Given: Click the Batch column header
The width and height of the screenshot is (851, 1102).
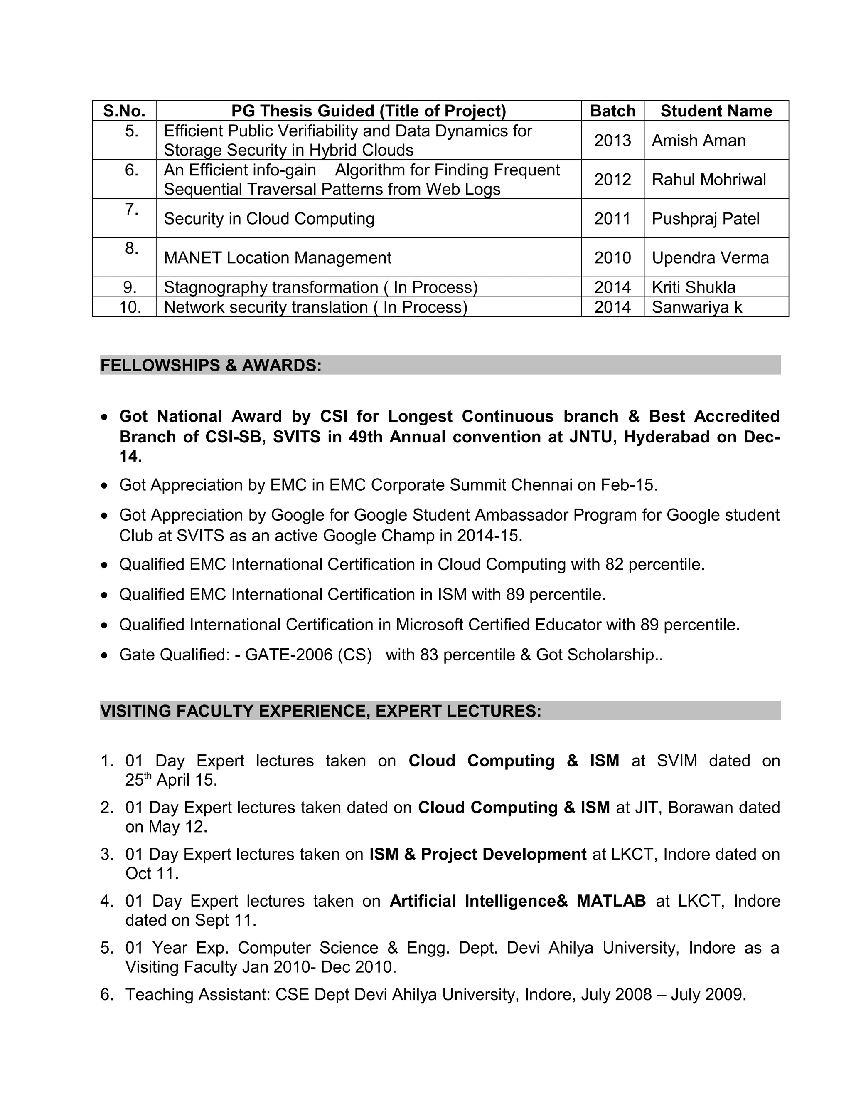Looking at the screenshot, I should pyautogui.click(x=612, y=111).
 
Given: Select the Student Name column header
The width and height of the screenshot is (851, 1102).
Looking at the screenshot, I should pyautogui.click(x=716, y=111).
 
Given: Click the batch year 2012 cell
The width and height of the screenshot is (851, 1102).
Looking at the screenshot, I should pyautogui.click(x=612, y=180).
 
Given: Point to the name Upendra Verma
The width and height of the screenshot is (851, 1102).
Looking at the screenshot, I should pyautogui.click(x=710, y=258).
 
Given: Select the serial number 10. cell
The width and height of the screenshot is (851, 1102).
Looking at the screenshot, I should pyautogui.click(x=130, y=307).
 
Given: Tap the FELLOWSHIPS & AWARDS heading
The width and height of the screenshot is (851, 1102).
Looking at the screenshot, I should pyautogui.click(x=211, y=365).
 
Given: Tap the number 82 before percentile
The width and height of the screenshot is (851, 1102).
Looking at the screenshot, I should pyautogui.click(x=614, y=565).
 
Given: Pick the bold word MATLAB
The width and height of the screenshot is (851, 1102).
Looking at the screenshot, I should pyautogui.click(x=611, y=901).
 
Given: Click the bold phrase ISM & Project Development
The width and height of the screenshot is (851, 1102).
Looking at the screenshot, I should pyautogui.click(x=477, y=854).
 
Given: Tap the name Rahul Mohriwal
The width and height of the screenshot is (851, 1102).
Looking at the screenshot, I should pyautogui.click(x=708, y=180).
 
